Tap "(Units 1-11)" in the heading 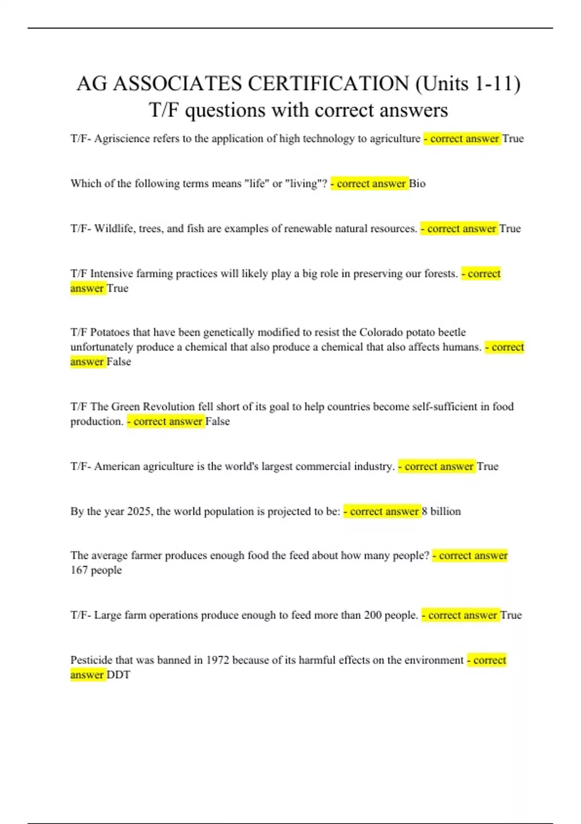coord(468,84)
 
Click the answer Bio coord(417,184)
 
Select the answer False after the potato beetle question coord(119,362)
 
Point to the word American coord(117,466)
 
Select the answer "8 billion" coord(441,511)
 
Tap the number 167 coord(79,570)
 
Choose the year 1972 coord(217,660)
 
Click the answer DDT coord(118,675)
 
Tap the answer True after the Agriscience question coord(513,139)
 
